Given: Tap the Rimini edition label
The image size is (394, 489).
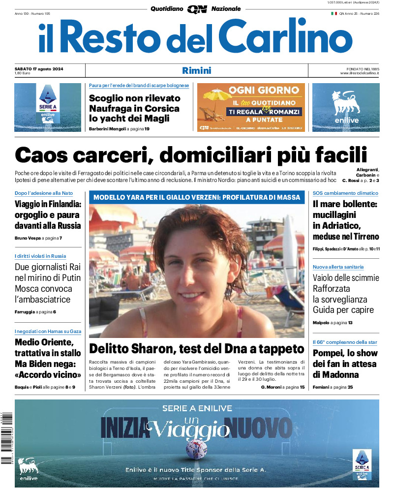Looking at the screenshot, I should pos(196,70).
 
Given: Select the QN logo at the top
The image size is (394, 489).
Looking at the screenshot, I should pos(197,9).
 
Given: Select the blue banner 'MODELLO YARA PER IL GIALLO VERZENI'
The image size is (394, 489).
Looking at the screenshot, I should pos(197,197).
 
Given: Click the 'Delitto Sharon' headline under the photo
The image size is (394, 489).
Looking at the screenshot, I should pos(197,349).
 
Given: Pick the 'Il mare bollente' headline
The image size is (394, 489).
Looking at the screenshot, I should pos(345,203).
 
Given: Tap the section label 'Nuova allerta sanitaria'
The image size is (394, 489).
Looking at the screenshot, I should pos(338,267).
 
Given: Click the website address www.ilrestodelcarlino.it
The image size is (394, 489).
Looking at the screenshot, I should pos(359,73).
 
